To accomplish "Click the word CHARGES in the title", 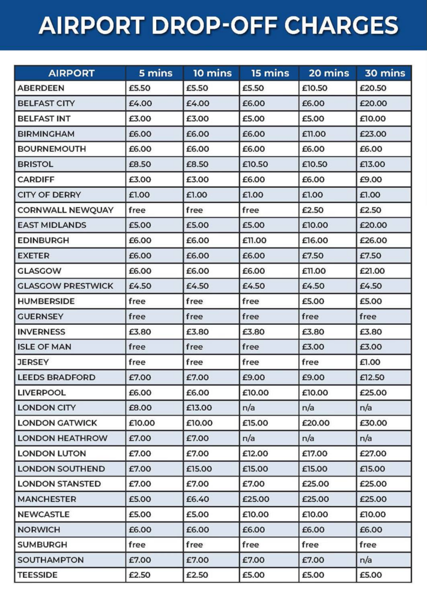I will (x=341, y=25).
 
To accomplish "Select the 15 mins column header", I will (x=270, y=73).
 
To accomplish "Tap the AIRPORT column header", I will (x=71, y=73).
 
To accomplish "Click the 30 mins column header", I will (x=384, y=73).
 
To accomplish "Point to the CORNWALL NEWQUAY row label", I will (x=60, y=210).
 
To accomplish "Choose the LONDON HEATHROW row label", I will (x=62, y=438).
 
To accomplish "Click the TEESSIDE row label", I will (x=39, y=575).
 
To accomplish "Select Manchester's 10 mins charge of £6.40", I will (x=199, y=499).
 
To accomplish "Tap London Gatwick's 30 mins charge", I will (x=374, y=423).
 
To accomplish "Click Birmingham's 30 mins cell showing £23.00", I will (x=373, y=134).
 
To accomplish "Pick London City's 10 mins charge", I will (x=199, y=408).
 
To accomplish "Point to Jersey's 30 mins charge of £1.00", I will (x=371, y=362).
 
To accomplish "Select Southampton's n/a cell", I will (x=366, y=560).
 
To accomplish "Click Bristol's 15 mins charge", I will (x=255, y=164).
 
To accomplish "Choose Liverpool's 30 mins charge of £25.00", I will (x=374, y=393).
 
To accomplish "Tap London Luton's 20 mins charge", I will (x=315, y=453).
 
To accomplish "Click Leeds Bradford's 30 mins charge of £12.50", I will (x=372, y=377).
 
